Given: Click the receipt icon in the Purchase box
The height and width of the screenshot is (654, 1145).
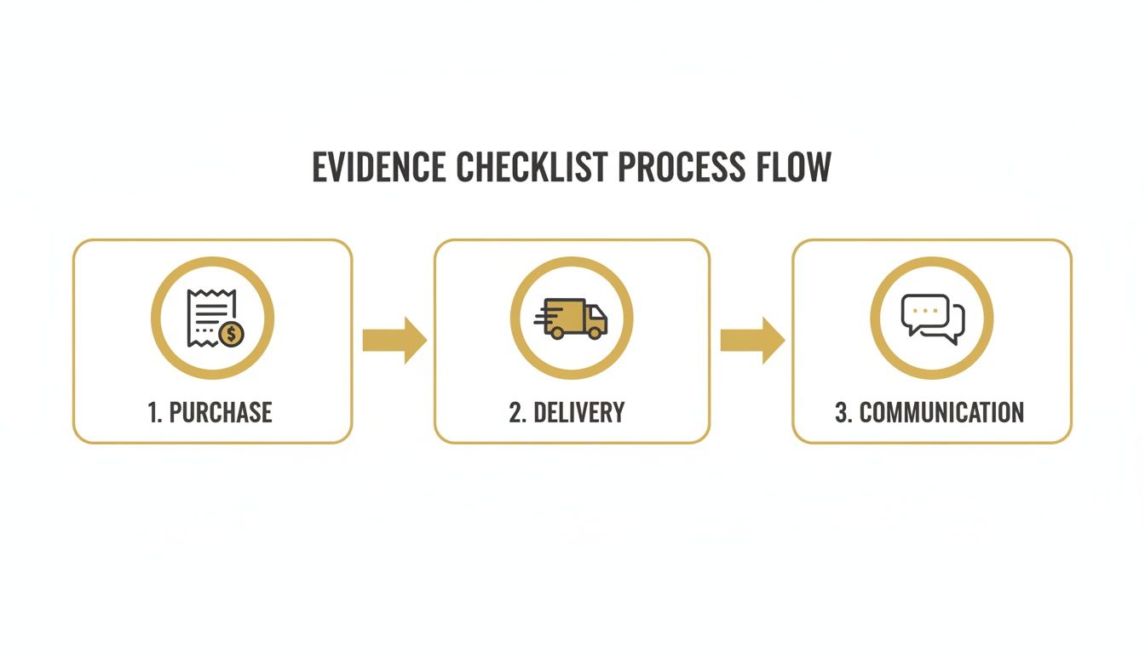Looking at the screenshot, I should click(x=210, y=316).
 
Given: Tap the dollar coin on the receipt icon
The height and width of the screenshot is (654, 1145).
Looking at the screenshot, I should click(x=231, y=333).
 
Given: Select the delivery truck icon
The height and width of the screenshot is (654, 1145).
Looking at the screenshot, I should click(x=572, y=318).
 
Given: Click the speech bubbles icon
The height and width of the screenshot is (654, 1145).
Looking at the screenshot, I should click(x=932, y=318).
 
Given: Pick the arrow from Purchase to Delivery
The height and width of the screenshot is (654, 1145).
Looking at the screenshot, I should click(x=394, y=340).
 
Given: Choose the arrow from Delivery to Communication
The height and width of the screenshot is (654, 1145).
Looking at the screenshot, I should click(x=752, y=340).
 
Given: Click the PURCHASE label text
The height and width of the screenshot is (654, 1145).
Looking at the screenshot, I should click(x=221, y=412).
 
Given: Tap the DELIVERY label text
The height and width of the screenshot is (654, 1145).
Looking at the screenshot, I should click(x=578, y=412).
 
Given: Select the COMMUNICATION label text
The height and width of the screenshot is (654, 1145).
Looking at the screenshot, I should click(x=941, y=412).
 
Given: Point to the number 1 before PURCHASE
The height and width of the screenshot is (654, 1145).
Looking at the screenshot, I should click(x=154, y=412).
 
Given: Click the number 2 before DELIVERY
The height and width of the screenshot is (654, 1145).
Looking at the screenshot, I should click(x=515, y=412).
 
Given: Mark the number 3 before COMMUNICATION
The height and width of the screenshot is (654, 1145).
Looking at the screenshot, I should click(x=842, y=412).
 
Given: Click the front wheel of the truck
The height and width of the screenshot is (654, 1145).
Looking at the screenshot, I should click(x=596, y=333).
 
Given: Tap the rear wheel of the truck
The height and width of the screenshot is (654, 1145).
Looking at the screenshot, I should click(x=558, y=333).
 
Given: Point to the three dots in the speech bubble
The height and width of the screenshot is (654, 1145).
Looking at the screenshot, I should click(x=924, y=310).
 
